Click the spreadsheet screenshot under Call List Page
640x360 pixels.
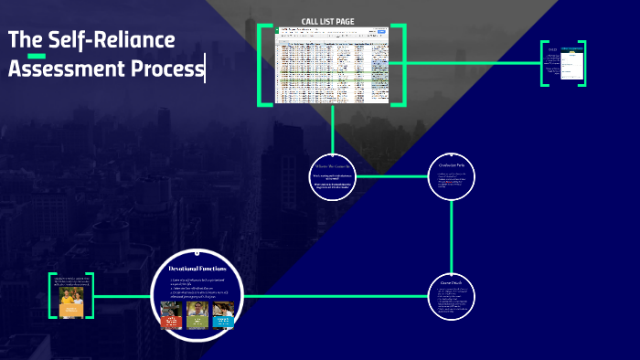click(332, 66)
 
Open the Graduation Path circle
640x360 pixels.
click(452, 175)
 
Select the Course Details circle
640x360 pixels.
click(452, 296)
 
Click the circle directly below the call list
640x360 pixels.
click(332, 175)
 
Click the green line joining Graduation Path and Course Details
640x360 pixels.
click(452, 236)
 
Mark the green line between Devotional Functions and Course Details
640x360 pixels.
click(338, 296)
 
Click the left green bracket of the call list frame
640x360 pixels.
click(262, 65)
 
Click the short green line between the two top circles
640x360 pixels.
click(391, 175)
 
